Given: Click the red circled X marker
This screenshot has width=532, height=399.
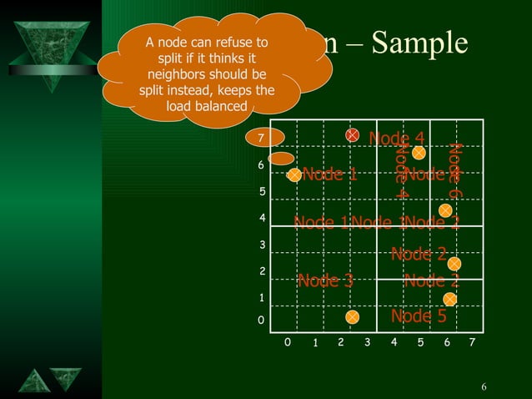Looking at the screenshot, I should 353,134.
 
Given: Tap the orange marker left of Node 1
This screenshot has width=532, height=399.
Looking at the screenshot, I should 294,175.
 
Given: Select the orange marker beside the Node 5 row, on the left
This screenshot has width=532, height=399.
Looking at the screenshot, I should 353,317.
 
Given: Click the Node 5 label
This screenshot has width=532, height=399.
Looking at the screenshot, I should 419,316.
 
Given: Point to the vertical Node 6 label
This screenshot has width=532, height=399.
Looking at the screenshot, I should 454,170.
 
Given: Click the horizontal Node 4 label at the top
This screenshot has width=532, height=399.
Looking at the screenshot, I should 397,138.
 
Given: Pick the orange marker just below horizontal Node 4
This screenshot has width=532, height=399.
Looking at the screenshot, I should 419,153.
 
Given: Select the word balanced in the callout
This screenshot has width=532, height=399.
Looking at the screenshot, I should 220,106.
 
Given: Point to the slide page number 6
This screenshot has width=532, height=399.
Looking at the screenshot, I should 484,386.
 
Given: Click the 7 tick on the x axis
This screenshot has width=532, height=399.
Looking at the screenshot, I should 472,343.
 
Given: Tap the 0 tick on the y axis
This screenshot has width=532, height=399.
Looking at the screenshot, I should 260,320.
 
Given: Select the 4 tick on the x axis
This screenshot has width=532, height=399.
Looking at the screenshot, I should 393,343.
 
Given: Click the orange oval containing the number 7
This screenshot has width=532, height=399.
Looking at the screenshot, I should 261,138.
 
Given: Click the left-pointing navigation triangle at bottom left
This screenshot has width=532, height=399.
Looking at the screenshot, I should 34,380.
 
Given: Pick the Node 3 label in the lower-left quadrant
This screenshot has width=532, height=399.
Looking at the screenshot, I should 325,280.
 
